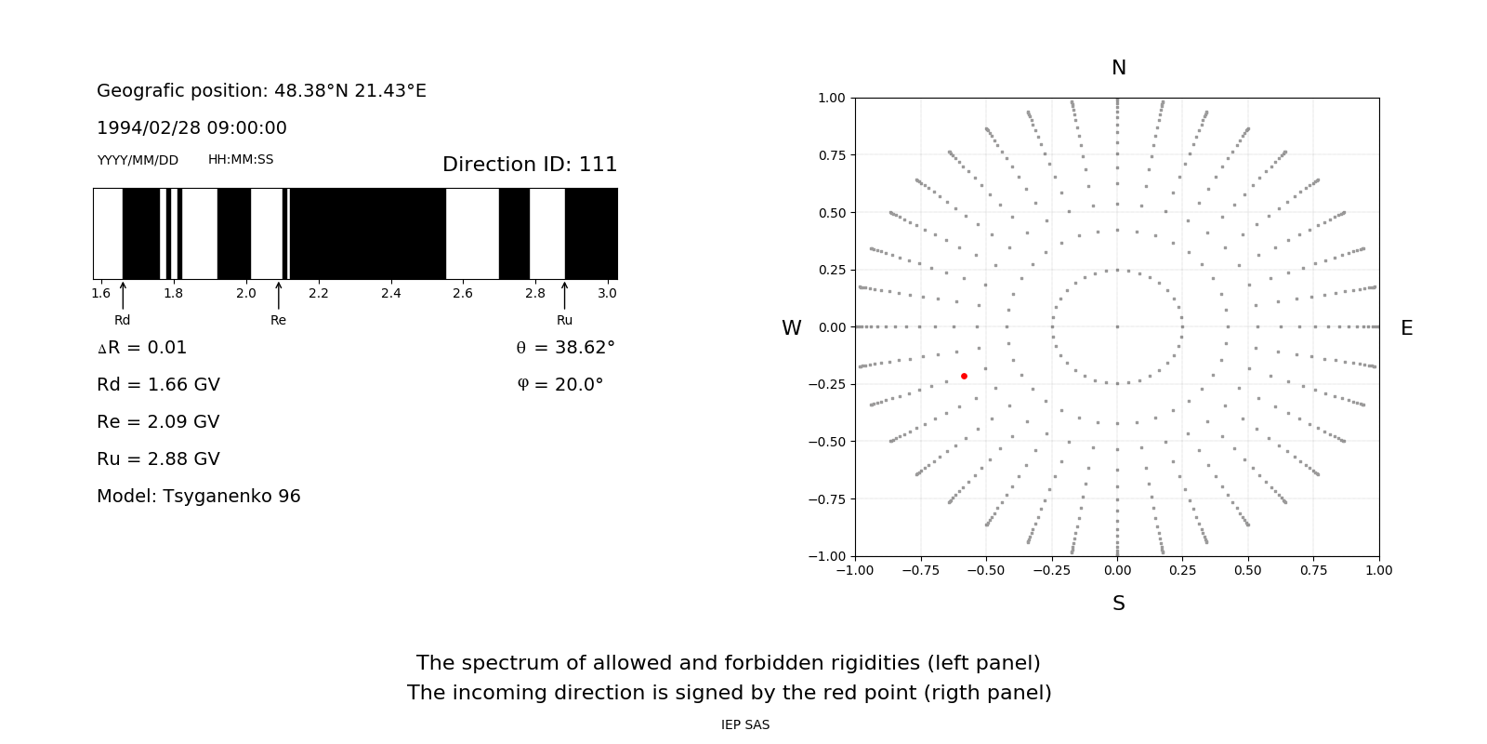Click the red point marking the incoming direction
click(x=964, y=376)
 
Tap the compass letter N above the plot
click(x=1118, y=68)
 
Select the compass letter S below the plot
click(x=1118, y=604)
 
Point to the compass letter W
click(x=791, y=328)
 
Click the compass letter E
click(x=1406, y=328)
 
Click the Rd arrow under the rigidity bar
click(x=123, y=295)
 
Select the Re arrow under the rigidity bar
click(x=278, y=295)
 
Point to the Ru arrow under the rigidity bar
click(x=564, y=295)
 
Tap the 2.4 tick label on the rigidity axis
click(x=390, y=293)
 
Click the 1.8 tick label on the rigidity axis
click(x=173, y=293)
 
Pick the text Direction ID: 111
click(x=530, y=165)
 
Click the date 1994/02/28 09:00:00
click(x=191, y=127)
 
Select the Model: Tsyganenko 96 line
click(x=199, y=496)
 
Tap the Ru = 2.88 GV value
click(x=158, y=458)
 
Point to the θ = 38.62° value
click(x=565, y=347)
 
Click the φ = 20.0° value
click(x=559, y=384)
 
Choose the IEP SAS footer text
click(x=744, y=724)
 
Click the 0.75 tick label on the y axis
click(x=832, y=155)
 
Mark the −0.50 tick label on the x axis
click(x=986, y=570)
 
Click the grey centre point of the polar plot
click(x=1117, y=326)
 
